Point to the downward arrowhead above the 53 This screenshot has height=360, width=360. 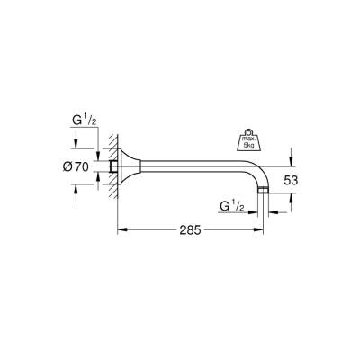click(x=290, y=162)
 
